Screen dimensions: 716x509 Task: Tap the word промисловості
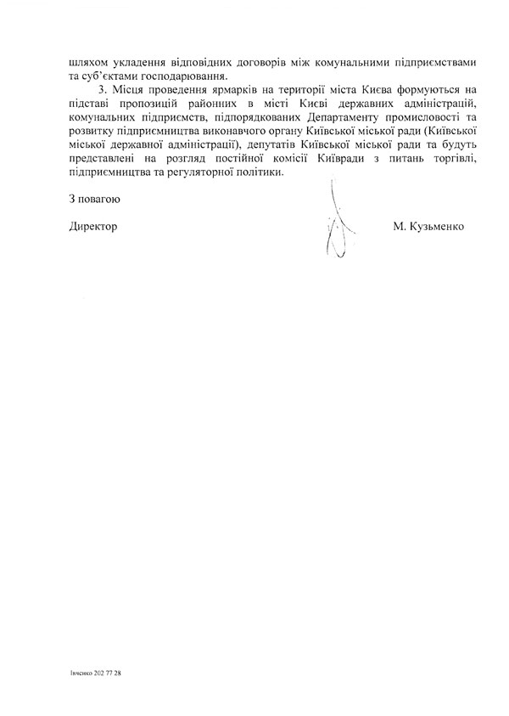click(410, 131)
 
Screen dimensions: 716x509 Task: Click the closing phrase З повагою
click(93, 201)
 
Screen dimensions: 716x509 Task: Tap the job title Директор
click(92, 228)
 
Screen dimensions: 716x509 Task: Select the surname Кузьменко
click(439, 228)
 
